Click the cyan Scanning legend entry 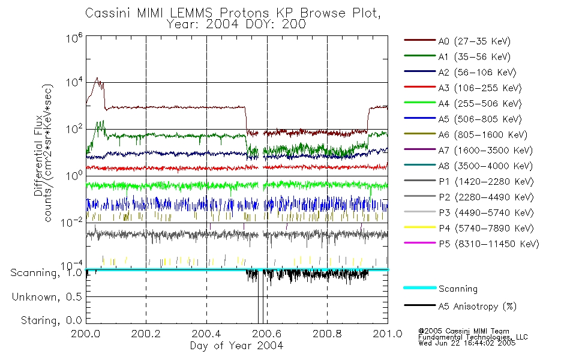(458, 289)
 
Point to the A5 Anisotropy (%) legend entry (477, 306)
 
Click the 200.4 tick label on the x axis (206, 334)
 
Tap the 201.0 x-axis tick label (388, 334)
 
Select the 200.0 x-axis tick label (86, 334)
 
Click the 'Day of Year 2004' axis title (236, 346)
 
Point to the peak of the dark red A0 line (97, 78)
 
